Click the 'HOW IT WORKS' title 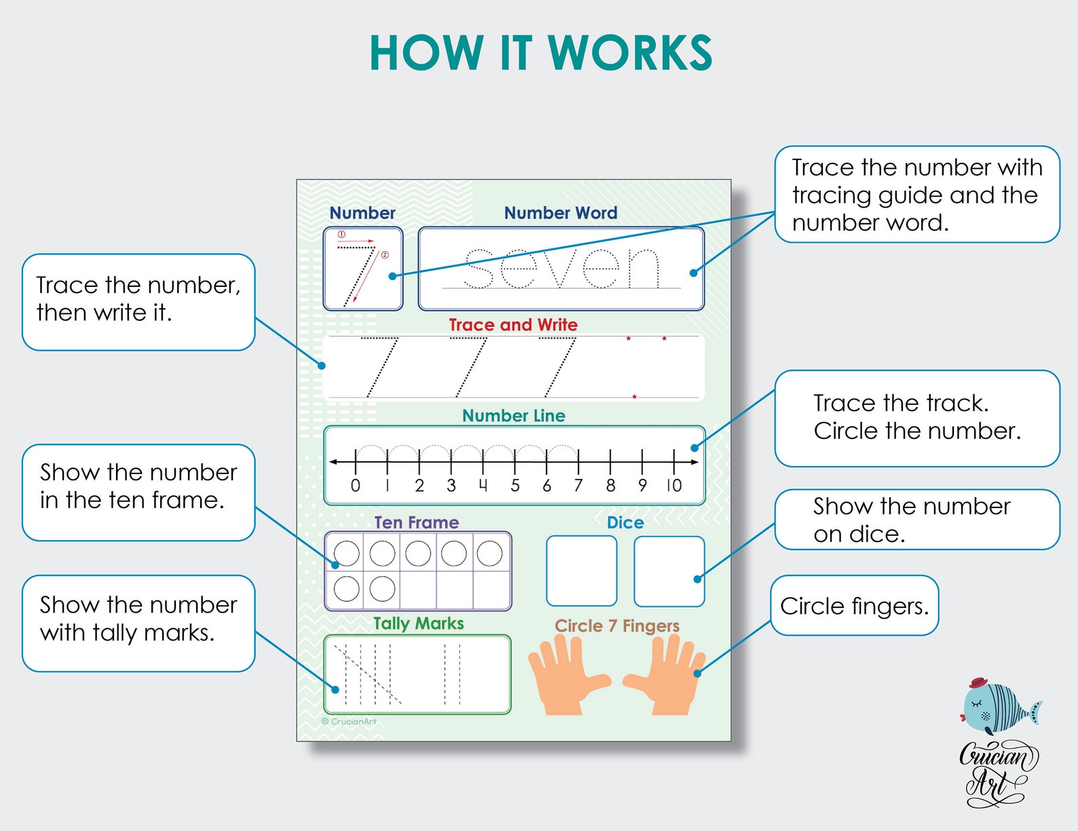point(540,53)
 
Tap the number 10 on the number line point(673,485)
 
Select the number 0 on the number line point(355,485)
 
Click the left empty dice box point(581,571)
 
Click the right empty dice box point(669,571)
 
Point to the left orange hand point(565,678)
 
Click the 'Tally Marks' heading point(418,623)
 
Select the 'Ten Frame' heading point(416,522)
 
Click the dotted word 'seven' point(561,268)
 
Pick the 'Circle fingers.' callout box point(854,606)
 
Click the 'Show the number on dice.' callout point(916,520)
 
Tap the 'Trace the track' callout point(916,417)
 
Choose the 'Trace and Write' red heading point(513,325)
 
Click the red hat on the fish point(978,682)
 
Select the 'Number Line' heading point(513,416)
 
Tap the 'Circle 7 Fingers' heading point(616,625)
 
